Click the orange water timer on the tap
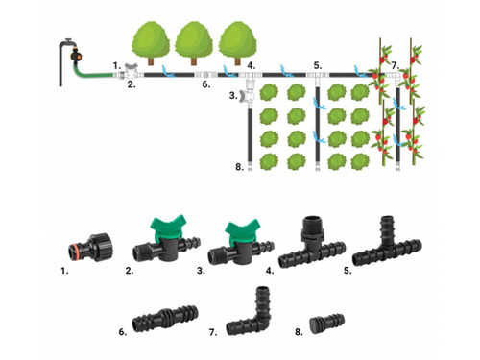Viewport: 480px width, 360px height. (76, 57)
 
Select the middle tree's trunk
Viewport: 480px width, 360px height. (194, 61)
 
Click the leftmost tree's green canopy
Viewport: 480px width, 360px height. (151, 40)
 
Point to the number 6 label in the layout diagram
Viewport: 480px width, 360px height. (206, 84)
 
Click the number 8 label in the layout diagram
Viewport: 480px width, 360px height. (239, 167)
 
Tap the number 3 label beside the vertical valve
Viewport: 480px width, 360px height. (233, 95)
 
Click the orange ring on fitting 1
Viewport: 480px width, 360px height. (74, 248)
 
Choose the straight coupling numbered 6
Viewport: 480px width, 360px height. (165, 318)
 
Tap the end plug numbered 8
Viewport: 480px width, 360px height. (326, 321)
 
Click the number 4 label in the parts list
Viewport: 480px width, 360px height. (270, 271)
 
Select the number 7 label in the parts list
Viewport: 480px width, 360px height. (213, 332)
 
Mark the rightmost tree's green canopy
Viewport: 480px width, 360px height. (237, 40)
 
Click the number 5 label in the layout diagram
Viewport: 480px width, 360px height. (318, 66)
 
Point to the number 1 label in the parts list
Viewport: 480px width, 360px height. (64, 271)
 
